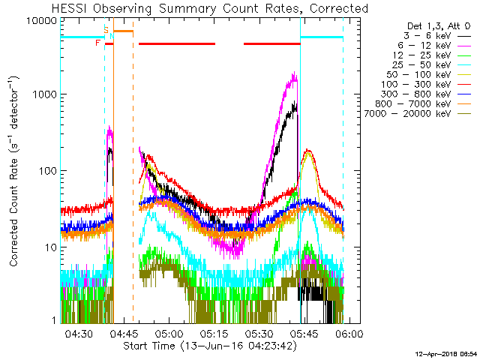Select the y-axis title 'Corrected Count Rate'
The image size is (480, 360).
click(x=14, y=171)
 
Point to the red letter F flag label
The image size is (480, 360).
click(x=98, y=43)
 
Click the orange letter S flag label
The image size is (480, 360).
click(x=106, y=28)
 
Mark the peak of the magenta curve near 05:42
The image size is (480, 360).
click(x=295, y=73)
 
